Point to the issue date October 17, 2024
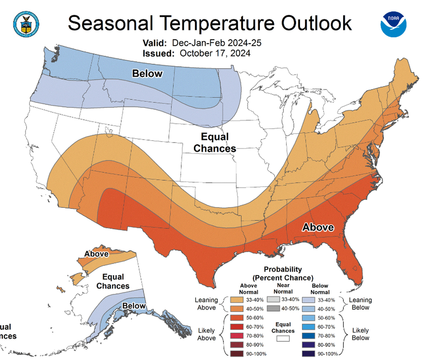215,53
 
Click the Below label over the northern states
147,73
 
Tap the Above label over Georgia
318,227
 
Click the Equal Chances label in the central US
215,143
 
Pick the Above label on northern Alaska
96,254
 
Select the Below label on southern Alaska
134,306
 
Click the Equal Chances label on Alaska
113,282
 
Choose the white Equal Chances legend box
283,339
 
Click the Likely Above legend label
206,334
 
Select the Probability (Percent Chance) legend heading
283,273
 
